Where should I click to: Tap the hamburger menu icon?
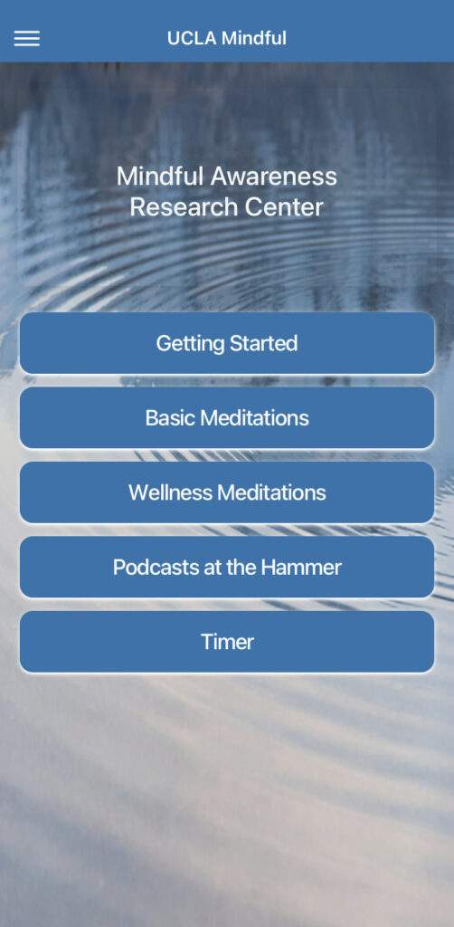click(x=27, y=39)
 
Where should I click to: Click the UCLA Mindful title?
click(x=227, y=38)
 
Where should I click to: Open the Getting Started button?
click(x=227, y=343)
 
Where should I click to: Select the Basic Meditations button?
click(x=227, y=418)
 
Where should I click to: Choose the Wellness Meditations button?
click(x=227, y=492)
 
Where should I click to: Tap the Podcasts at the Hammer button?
click(x=227, y=568)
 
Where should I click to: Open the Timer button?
click(x=227, y=642)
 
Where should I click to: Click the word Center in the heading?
click(x=281, y=207)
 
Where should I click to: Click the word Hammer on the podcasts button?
click(x=301, y=568)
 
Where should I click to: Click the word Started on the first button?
click(x=263, y=343)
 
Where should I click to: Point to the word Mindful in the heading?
click(x=161, y=176)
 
